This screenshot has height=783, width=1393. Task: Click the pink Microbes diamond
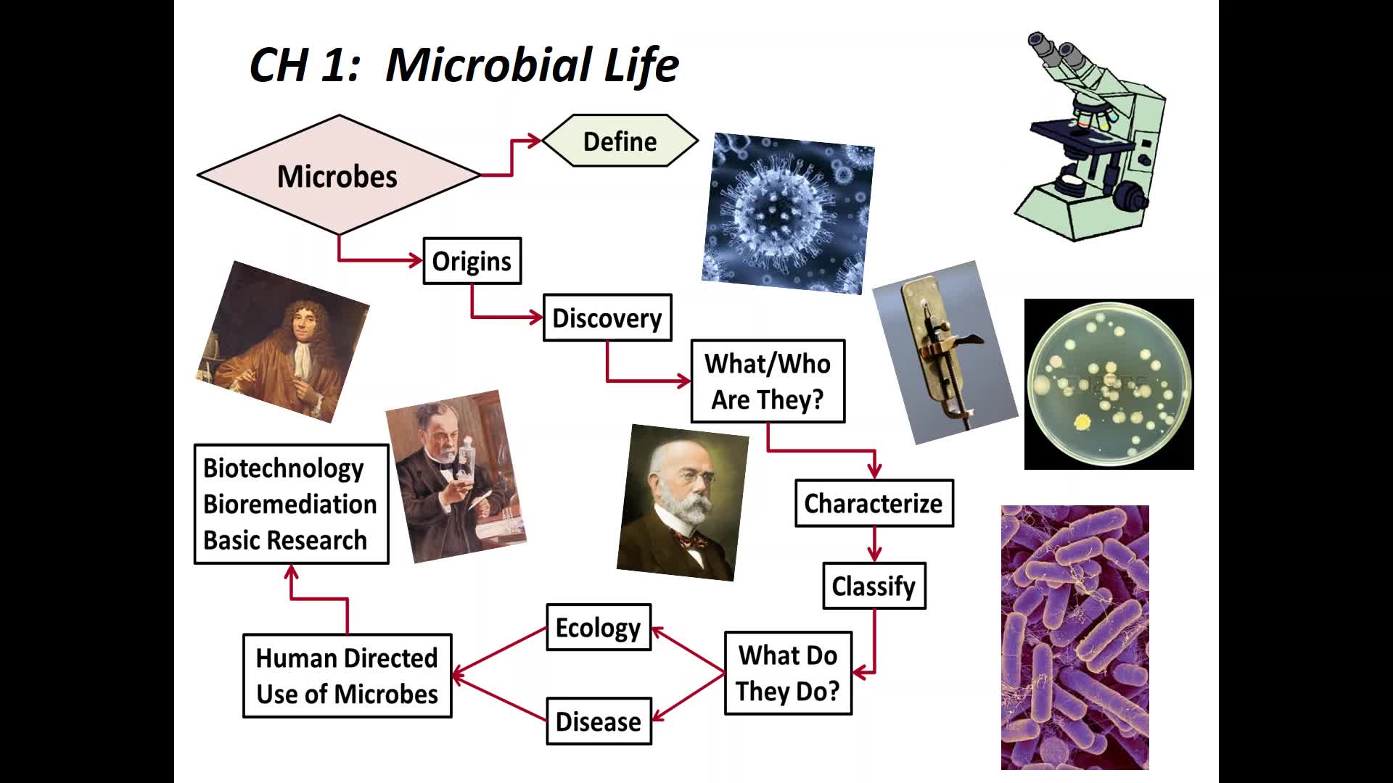coord(339,175)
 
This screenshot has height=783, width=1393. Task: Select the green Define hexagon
coord(620,141)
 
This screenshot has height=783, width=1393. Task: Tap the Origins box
coord(472,261)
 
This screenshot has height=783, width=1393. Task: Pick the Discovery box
coord(607,318)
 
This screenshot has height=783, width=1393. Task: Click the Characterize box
coord(874,503)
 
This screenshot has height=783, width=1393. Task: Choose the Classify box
coord(874,586)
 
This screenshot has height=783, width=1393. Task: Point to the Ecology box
coord(599,627)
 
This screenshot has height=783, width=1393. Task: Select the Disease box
coord(599,721)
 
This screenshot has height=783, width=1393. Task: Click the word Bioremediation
coord(290,504)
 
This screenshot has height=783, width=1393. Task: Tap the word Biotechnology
coord(284,468)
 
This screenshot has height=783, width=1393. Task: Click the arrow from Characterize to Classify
coord(874,544)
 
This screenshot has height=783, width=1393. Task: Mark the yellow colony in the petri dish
coord(1082,422)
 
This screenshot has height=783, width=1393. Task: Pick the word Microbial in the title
coord(489,65)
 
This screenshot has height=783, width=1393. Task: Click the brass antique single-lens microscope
coord(943,352)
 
